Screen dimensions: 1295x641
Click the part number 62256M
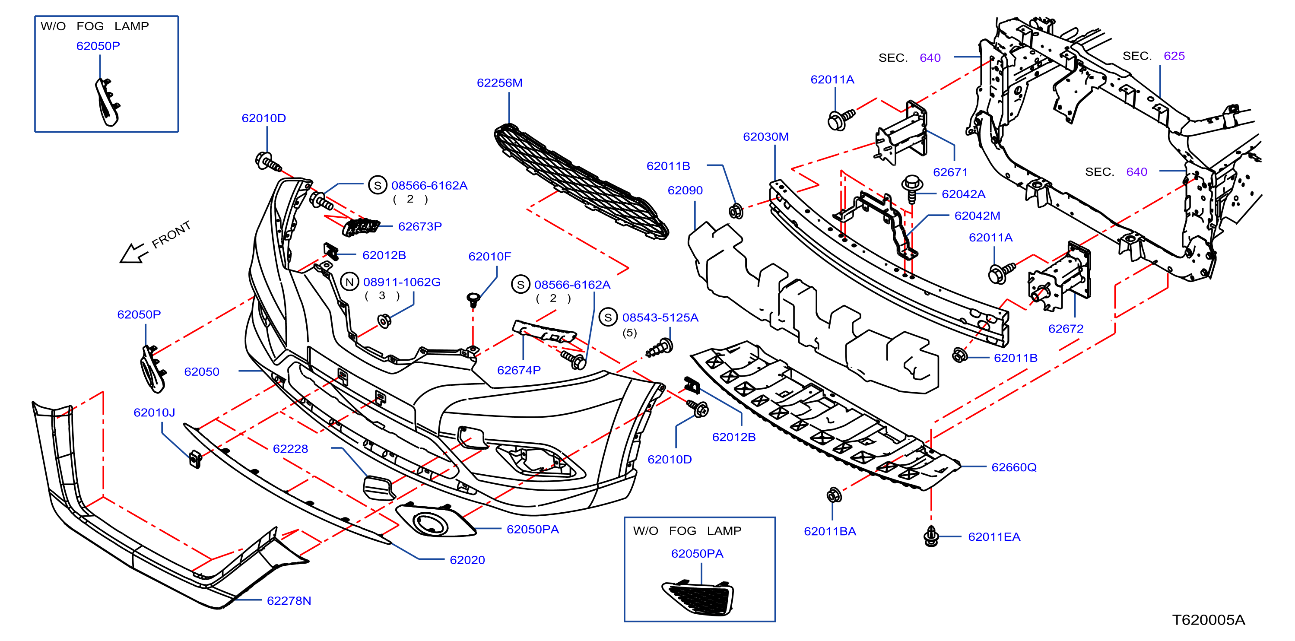coord(499,83)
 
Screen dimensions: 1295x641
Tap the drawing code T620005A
coord(1208,620)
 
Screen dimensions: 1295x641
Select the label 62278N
coord(289,600)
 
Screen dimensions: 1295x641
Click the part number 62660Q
coord(1013,467)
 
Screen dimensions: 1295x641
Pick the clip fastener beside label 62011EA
coord(930,536)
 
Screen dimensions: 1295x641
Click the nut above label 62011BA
coord(834,495)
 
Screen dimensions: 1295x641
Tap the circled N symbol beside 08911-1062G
coord(349,282)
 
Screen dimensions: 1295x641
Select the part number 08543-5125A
coord(660,318)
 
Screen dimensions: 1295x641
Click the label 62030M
coord(765,137)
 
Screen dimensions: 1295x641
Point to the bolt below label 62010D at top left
coord(268,162)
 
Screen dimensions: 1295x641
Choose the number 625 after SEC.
coord(1174,56)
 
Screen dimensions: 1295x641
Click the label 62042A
coord(963,194)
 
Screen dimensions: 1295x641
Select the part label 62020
coord(467,560)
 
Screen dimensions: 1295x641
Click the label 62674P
coord(519,370)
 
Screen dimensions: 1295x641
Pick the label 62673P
coord(420,226)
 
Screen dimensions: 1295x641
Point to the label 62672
coord(1065,329)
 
